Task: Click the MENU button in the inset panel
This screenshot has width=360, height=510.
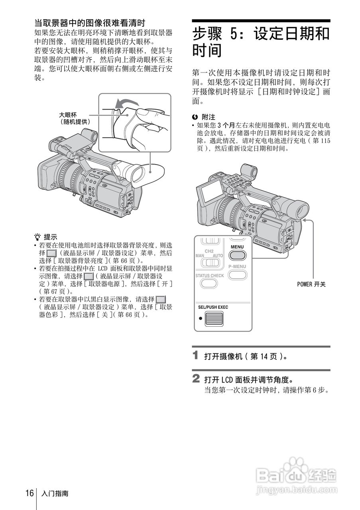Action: point(237,255)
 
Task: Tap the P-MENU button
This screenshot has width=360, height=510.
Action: point(237,275)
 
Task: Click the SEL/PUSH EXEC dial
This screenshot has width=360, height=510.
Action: point(214,319)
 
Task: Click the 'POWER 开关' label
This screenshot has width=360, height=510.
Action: point(311,284)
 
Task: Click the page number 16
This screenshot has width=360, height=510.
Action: point(30,493)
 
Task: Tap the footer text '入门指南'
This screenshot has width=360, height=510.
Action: point(55,494)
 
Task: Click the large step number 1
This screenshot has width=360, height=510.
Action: point(196,355)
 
